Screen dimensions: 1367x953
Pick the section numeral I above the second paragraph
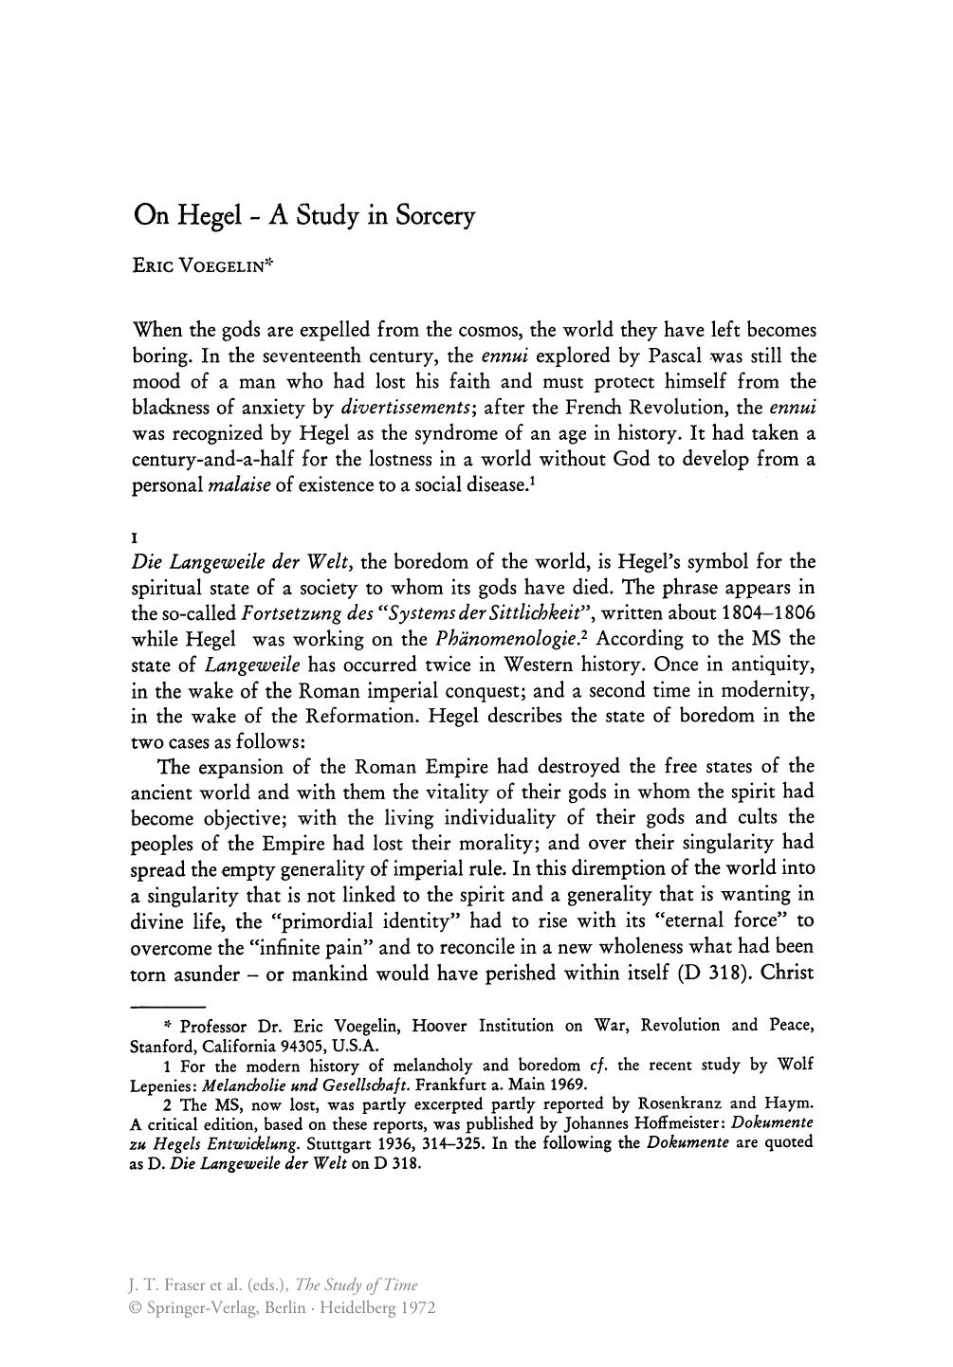click(134, 538)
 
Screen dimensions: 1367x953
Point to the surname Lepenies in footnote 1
click(162, 1084)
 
